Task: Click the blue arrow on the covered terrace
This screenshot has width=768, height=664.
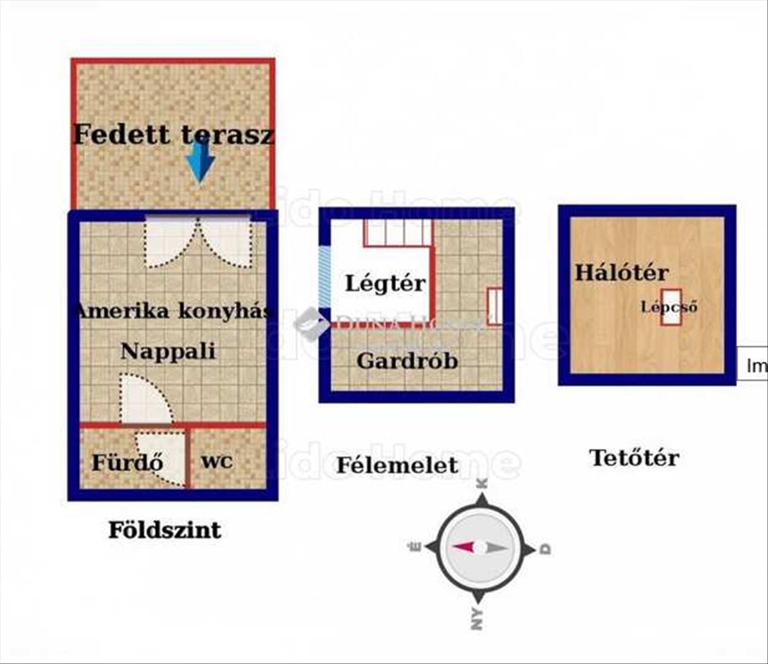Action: (x=200, y=161)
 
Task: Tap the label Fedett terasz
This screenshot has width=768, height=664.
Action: (x=172, y=135)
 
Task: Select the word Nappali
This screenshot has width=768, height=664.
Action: (x=168, y=351)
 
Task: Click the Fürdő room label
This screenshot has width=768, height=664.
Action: (x=127, y=462)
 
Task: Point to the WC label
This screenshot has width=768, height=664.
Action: (x=217, y=462)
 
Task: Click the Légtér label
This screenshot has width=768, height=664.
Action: (x=385, y=284)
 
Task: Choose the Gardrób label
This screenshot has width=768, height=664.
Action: (x=407, y=361)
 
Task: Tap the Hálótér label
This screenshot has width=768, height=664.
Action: (x=621, y=272)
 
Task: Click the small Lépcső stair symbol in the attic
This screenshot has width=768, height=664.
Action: (x=671, y=307)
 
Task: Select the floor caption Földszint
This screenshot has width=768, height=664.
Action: (x=164, y=530)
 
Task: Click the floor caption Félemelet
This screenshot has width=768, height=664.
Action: (x=397, y=465)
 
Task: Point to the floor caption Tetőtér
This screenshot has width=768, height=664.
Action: (x=634, y=457)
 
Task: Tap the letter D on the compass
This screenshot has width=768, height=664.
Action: (x=545, y=548)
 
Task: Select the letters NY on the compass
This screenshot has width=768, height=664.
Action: (x=477, y=618)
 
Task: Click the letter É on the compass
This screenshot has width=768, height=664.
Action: (x=416, y=547)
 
